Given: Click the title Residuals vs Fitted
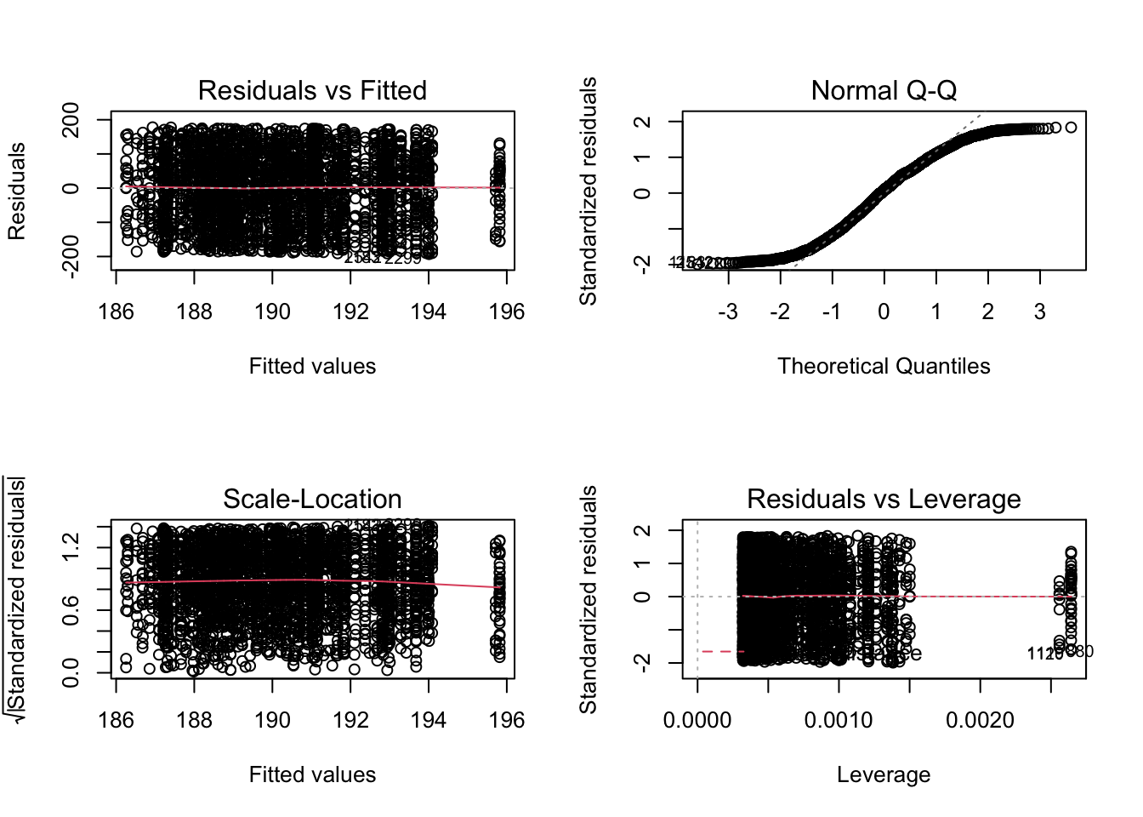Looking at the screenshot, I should [312, 90].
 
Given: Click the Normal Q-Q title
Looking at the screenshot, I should [884, 90].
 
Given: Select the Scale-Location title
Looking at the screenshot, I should [312, 499].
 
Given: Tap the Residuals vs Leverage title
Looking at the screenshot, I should [884, 499].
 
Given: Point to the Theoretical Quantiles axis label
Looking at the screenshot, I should [884, 366].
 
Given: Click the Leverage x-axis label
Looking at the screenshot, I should [884, 774].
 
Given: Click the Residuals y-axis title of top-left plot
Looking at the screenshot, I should [16, 191].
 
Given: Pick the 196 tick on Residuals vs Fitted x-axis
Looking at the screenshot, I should [507, 311].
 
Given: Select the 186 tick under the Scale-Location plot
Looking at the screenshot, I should [116, 720].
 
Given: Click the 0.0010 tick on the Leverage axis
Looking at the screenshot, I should [839, 720].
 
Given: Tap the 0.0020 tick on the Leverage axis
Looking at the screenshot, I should [980, 720].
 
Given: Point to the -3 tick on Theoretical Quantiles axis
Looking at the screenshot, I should [727, 311].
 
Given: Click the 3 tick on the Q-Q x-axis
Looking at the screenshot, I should [1039, 311].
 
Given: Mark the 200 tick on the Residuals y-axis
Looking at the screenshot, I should [71, 120].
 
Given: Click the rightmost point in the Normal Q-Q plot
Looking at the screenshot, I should [1071, 128].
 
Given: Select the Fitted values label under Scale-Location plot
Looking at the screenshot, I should [312, 774].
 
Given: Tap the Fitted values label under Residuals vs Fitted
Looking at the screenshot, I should [312, 366].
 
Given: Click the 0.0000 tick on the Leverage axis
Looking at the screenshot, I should [697, 720].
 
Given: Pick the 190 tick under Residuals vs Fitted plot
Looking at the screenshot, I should [272, 311].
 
